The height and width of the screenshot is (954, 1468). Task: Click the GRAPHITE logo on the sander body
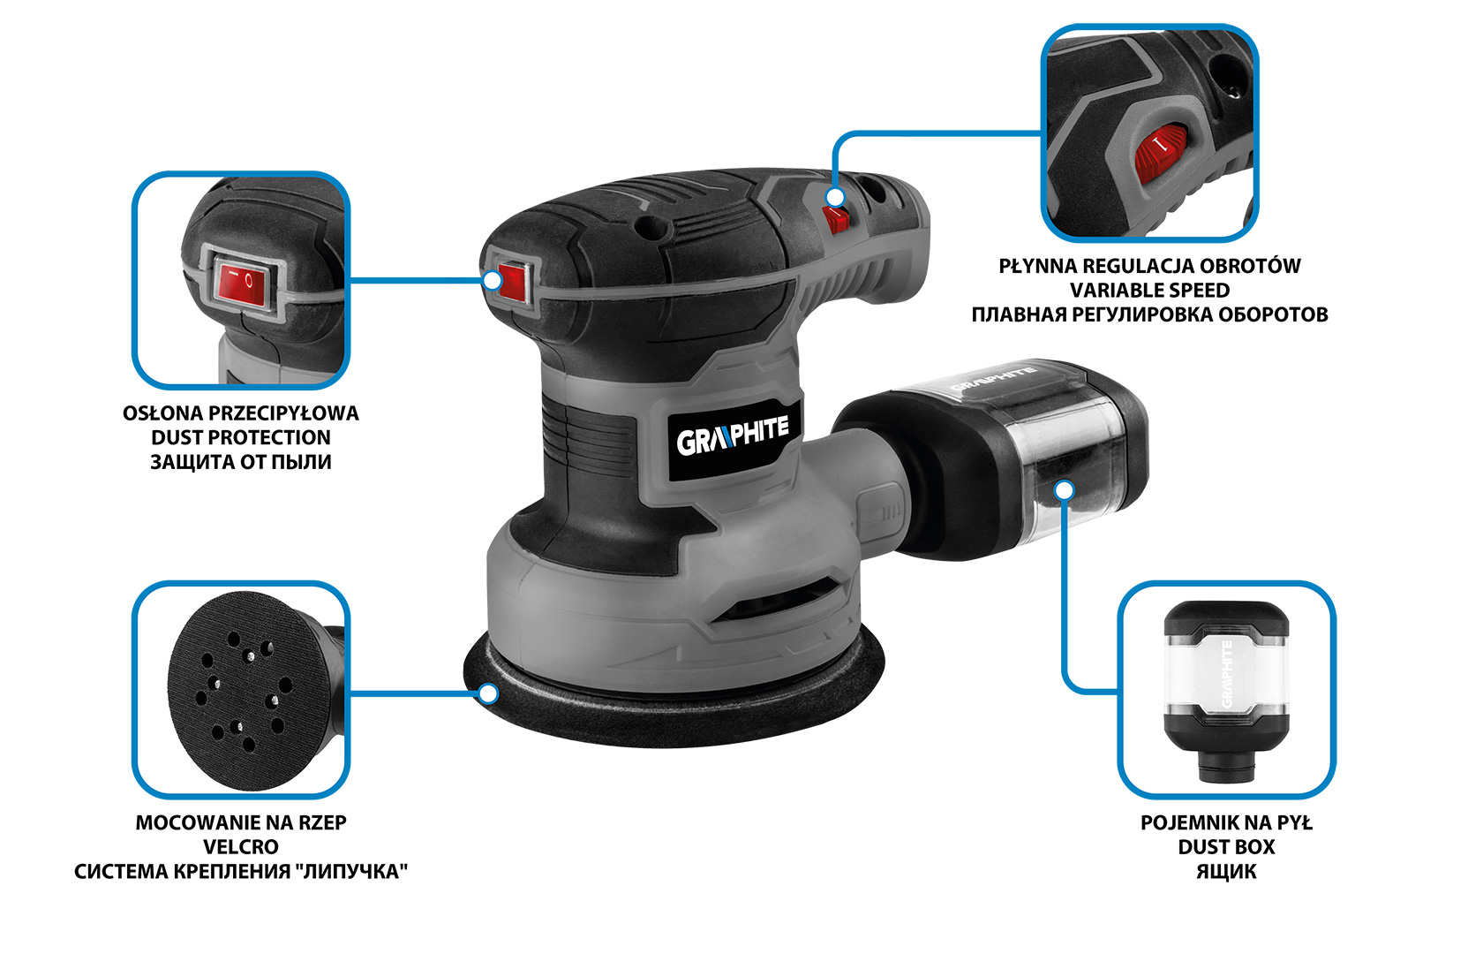pyautogui.click(x=732, y=437)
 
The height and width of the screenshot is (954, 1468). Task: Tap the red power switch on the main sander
pyautogui.click(x=513, y=283)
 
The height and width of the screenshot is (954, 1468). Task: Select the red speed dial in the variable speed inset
pyautogui.click(x=1160, y=154)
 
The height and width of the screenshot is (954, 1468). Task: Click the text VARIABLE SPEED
pyautogui.click(x=1149, y=291)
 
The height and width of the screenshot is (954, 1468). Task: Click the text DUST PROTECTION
pyautogui.click(x=240, y=437)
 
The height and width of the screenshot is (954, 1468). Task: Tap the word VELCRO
pyautogui.click(x=240, y=847)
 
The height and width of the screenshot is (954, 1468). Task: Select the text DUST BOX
pyautogui.click(x=1226, y=847)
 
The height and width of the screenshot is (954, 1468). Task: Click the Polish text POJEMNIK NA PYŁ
pyautogui.click(x=1226, y=823)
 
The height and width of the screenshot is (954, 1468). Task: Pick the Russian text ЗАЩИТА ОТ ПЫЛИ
pyautogui.click(x=240, y=462)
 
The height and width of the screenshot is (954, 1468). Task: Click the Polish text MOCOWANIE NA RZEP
pyautogui.click(x=240, y=823)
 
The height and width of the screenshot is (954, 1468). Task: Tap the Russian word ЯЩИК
pyautogui.click(x=1226, y=872)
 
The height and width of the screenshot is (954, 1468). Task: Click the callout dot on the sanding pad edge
pyautogui.click(x=487, y=693)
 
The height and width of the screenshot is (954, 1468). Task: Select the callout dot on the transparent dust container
pyautogui.click(x=1065, y=489)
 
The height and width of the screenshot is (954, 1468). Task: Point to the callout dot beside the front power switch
pyautogui.click(x=493, y=281)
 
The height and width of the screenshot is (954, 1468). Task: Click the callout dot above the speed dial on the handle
pyautogui.click(x=835, y=197)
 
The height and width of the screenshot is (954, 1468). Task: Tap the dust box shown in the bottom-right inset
pyautogui.click(x=1226, y=692)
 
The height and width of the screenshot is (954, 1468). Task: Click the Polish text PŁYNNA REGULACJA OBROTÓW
pyautogui.click(x=1149, y=266)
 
